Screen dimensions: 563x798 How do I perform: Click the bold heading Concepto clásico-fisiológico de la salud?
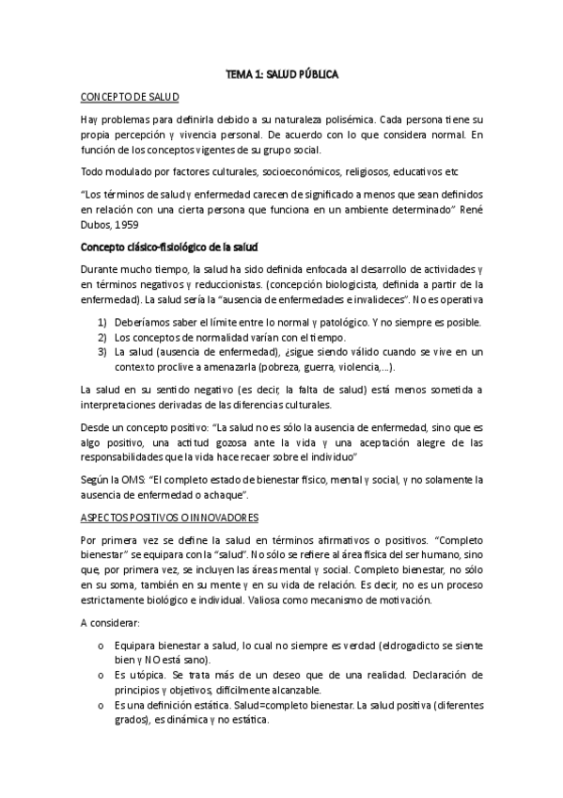click(x=164, y=247)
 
